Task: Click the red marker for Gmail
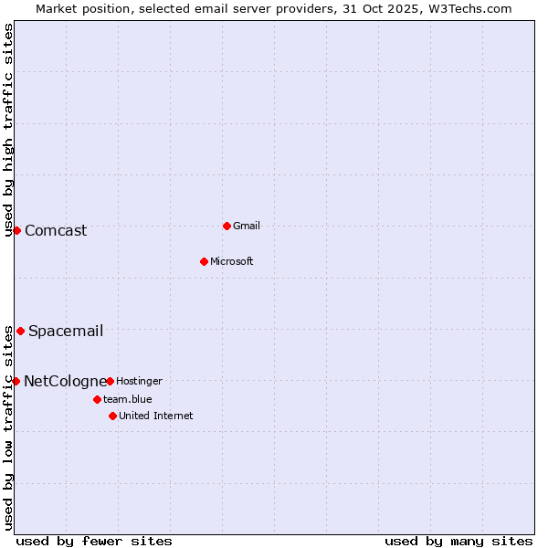227,226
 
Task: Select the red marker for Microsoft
204,261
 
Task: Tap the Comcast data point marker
16,230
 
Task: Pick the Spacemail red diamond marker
20,331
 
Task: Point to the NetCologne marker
16,381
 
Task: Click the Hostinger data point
110,381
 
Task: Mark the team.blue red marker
97,399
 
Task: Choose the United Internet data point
112,416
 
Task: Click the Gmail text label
247,226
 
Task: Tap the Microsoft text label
232,261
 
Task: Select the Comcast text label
56,230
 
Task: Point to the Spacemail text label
66,331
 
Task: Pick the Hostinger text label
139,381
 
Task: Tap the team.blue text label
128,399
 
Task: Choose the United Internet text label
156,416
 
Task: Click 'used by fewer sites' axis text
94,541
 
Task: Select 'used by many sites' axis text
458,541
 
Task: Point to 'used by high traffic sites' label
9,131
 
